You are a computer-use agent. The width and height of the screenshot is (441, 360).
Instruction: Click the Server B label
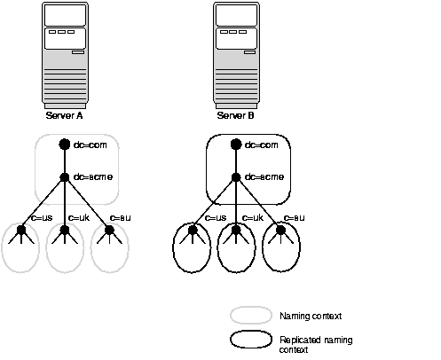[235, 115]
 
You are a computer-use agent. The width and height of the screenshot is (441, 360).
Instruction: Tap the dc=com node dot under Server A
[64, 145]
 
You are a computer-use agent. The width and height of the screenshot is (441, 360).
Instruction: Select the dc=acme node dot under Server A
[64, 176]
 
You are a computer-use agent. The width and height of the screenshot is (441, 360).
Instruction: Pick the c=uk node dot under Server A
[64, 231]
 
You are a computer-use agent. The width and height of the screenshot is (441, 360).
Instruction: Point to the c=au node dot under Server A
[109, 231]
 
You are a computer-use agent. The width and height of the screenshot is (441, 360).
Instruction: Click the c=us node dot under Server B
[192, 231]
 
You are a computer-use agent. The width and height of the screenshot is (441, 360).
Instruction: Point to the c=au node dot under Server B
[280, 231]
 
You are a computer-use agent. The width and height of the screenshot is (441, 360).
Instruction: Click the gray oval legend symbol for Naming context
[251, 315]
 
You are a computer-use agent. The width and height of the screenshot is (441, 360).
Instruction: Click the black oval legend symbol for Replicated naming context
[251, 340]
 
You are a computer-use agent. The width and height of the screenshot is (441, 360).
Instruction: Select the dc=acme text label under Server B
[264, 176]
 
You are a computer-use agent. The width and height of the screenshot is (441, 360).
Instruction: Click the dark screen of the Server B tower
[234, 15]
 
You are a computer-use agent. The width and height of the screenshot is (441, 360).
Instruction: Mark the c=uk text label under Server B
[254, 217]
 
